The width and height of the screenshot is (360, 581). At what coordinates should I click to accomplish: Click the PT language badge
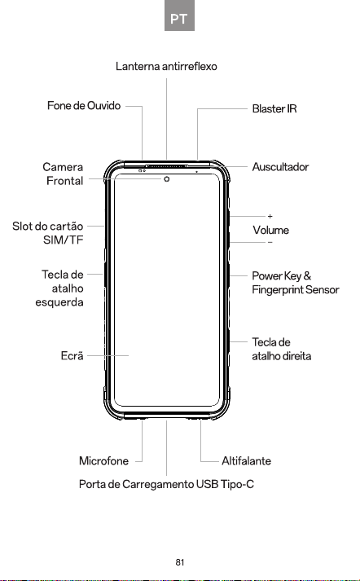click(x=179, y=15)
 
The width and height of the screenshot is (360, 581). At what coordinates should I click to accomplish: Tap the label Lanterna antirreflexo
click(x=166, y=66)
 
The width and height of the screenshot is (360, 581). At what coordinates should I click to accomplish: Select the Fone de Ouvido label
click(x=84, y=106)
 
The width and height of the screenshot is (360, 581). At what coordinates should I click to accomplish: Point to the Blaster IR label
click(x=274, y=108)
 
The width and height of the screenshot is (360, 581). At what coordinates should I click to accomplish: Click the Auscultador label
click(x=280, y=167)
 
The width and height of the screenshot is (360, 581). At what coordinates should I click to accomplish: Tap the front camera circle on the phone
click(x=167, y=179)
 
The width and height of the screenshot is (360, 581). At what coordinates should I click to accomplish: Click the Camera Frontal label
click(x=63, y=174)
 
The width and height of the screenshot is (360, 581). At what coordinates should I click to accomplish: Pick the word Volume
click(x=270, y=230)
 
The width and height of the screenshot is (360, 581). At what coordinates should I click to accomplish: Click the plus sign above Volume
click(x=270, y=216)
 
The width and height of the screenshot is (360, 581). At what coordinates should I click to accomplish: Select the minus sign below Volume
click(x=270, y=242)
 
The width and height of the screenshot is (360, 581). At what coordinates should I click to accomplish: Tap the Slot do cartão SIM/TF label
click(x=48, y=233)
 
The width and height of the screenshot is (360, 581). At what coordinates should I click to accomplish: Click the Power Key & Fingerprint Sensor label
click(x=296, y=283)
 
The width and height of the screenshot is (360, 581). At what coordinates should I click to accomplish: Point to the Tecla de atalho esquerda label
click(x=59, y=288)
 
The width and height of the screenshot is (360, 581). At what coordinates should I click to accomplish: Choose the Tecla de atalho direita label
click(x=282, y=349)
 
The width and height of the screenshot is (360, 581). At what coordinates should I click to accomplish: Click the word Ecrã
click(x=72, y=356)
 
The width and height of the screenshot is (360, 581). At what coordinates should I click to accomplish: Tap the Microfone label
click(x=103, y=461)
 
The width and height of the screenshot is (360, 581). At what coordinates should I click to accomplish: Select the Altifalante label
click(x=246, y=461)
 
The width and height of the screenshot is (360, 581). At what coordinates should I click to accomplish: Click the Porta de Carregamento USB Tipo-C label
click(x=166, y=484)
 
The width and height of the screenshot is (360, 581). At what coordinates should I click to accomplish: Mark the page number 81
click(x=180, y=562)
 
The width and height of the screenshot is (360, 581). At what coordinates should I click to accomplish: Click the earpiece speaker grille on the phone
click(x=167, y=166)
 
